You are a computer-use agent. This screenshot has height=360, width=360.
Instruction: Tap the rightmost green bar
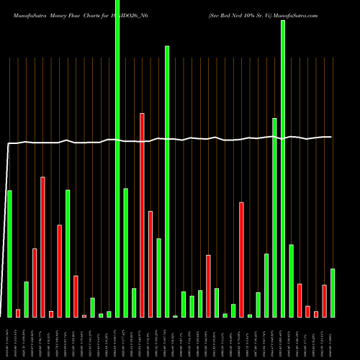pos(333,292)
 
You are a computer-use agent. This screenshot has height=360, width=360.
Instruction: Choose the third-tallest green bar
pos(167,181)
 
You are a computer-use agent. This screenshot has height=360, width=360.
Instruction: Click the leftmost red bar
pos(18,312)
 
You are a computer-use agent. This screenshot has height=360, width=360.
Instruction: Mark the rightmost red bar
pos(325,300)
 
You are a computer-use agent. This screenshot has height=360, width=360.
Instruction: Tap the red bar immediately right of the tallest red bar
pos(150,264)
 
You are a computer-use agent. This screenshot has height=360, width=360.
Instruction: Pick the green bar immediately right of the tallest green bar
pos(125,252)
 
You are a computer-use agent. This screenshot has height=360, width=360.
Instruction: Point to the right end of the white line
pos(331,137)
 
